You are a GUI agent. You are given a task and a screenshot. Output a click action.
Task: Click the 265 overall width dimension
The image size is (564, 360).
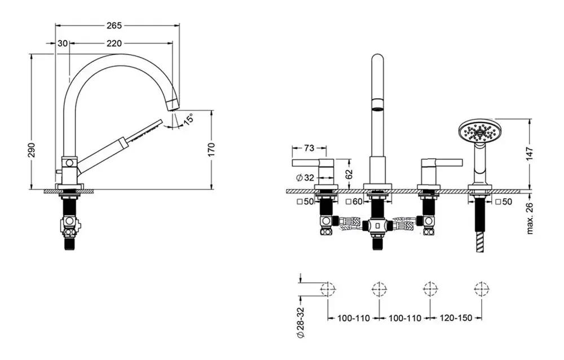pyautogui.click(x=114, y=25)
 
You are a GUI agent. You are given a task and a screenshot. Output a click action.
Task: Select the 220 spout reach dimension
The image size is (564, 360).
pyautogui.click(x=114, y=43)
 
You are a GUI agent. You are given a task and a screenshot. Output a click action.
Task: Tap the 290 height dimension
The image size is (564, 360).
pyautogui.click(x=32, y=150)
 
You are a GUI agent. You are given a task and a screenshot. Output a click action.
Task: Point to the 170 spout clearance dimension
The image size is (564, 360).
pyautogui.click(x=211, y=150)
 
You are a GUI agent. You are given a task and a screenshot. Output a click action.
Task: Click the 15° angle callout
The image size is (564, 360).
pyautogui.click(x=188, y=119)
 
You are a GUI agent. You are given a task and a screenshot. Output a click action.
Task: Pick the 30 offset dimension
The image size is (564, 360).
pyautogui.click(x=63, y=43)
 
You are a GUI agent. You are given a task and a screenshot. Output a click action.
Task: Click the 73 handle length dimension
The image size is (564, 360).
pyautogui.click(x=309, y=148)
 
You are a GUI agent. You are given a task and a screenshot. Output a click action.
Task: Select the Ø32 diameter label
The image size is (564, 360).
pyautogui.click(x=305, y=178)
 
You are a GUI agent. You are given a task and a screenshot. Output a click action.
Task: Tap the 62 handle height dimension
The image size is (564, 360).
pyautogui.click(x=349, y=174)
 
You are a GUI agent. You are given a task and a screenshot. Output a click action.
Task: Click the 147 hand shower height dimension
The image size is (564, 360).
pyautogui.click(x=530, y=153)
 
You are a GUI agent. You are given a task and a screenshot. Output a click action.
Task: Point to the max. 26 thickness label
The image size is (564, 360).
pyautogui.click(x=530, y=218)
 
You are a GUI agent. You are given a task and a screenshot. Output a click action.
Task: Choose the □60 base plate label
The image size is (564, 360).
pyautogui.click(x=354, y=202)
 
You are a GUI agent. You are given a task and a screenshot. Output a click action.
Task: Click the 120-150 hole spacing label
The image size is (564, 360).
pyautogui.click(x=456, y=318)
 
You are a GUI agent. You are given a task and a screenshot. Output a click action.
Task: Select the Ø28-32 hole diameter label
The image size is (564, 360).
pyautogui.click(x=301, y=323)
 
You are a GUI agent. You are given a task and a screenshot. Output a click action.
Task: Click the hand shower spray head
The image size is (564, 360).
pyautogui.click(x=477, y=132)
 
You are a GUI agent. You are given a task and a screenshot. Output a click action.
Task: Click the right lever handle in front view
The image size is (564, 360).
pyautogui.click(x=442, y=163)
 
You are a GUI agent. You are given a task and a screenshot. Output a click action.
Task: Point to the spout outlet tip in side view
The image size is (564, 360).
pyautogui.click(x=173, y=105)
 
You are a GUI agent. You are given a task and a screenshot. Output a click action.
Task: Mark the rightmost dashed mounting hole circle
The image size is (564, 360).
pyautogui.click(x=481, y=289)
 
